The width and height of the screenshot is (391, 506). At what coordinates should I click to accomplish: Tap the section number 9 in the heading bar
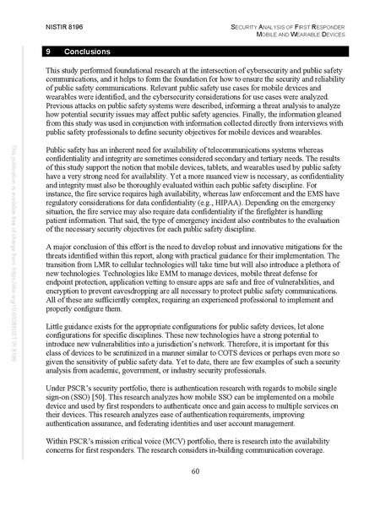(x=50, y=52)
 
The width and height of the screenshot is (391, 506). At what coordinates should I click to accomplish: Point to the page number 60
(x=195, y=470)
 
